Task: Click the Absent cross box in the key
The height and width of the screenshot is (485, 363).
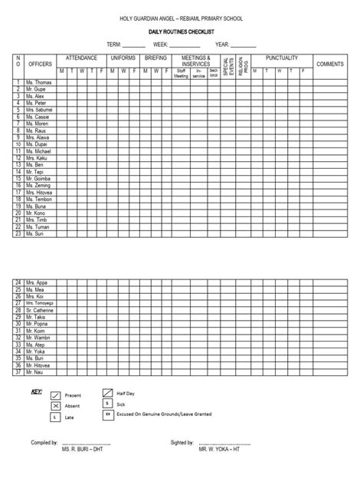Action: [54, 405]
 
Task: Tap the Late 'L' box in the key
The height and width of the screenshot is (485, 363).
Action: [54, 417]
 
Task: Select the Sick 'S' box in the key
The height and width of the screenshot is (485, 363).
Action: [108, 404]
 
